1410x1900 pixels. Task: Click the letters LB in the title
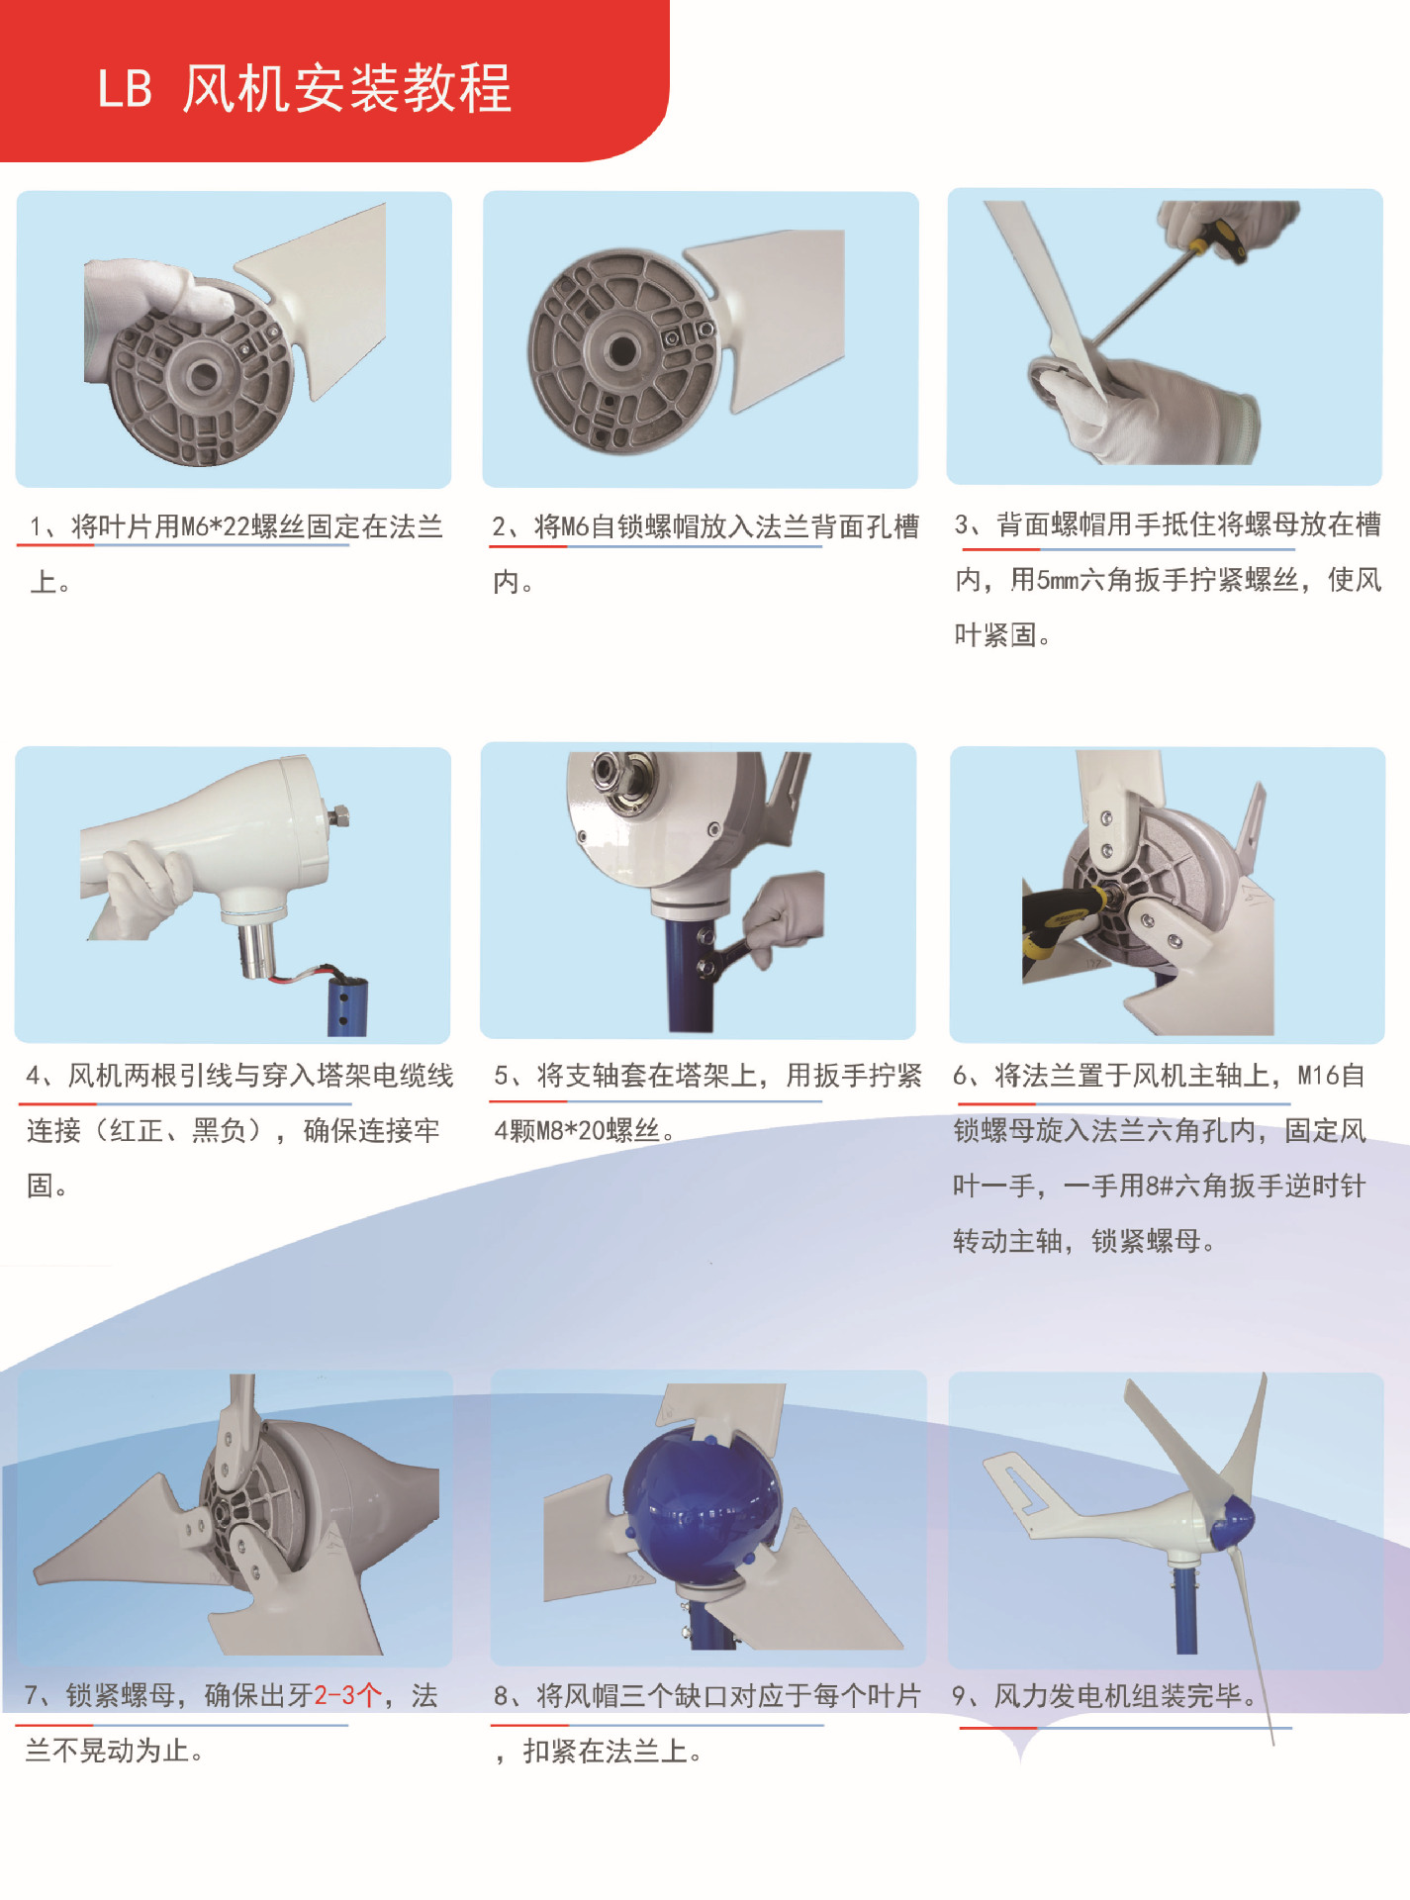pos(125,88)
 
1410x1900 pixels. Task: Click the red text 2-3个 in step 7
pos(347,1695)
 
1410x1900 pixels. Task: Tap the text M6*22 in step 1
pos(216,526)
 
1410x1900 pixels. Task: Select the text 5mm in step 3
pos(1058,580)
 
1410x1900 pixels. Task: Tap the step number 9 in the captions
pos(959,1696)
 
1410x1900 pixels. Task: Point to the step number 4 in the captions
pos(34,1076)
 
